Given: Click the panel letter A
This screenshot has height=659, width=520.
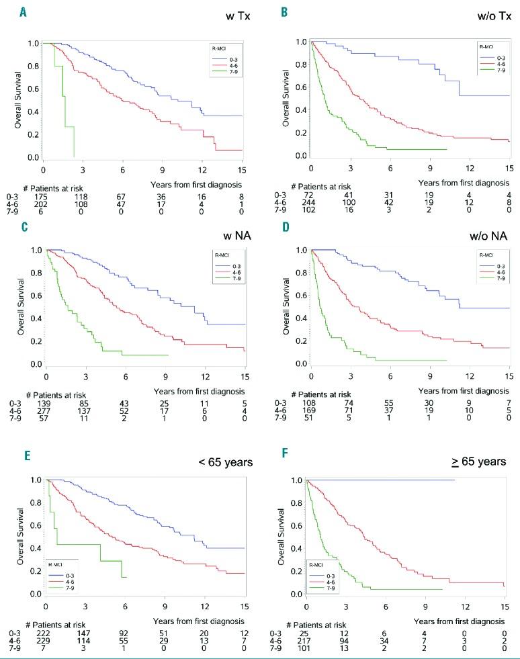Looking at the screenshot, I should tap(24, 11).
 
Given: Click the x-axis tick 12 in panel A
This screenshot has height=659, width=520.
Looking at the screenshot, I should tap(202, 170).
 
